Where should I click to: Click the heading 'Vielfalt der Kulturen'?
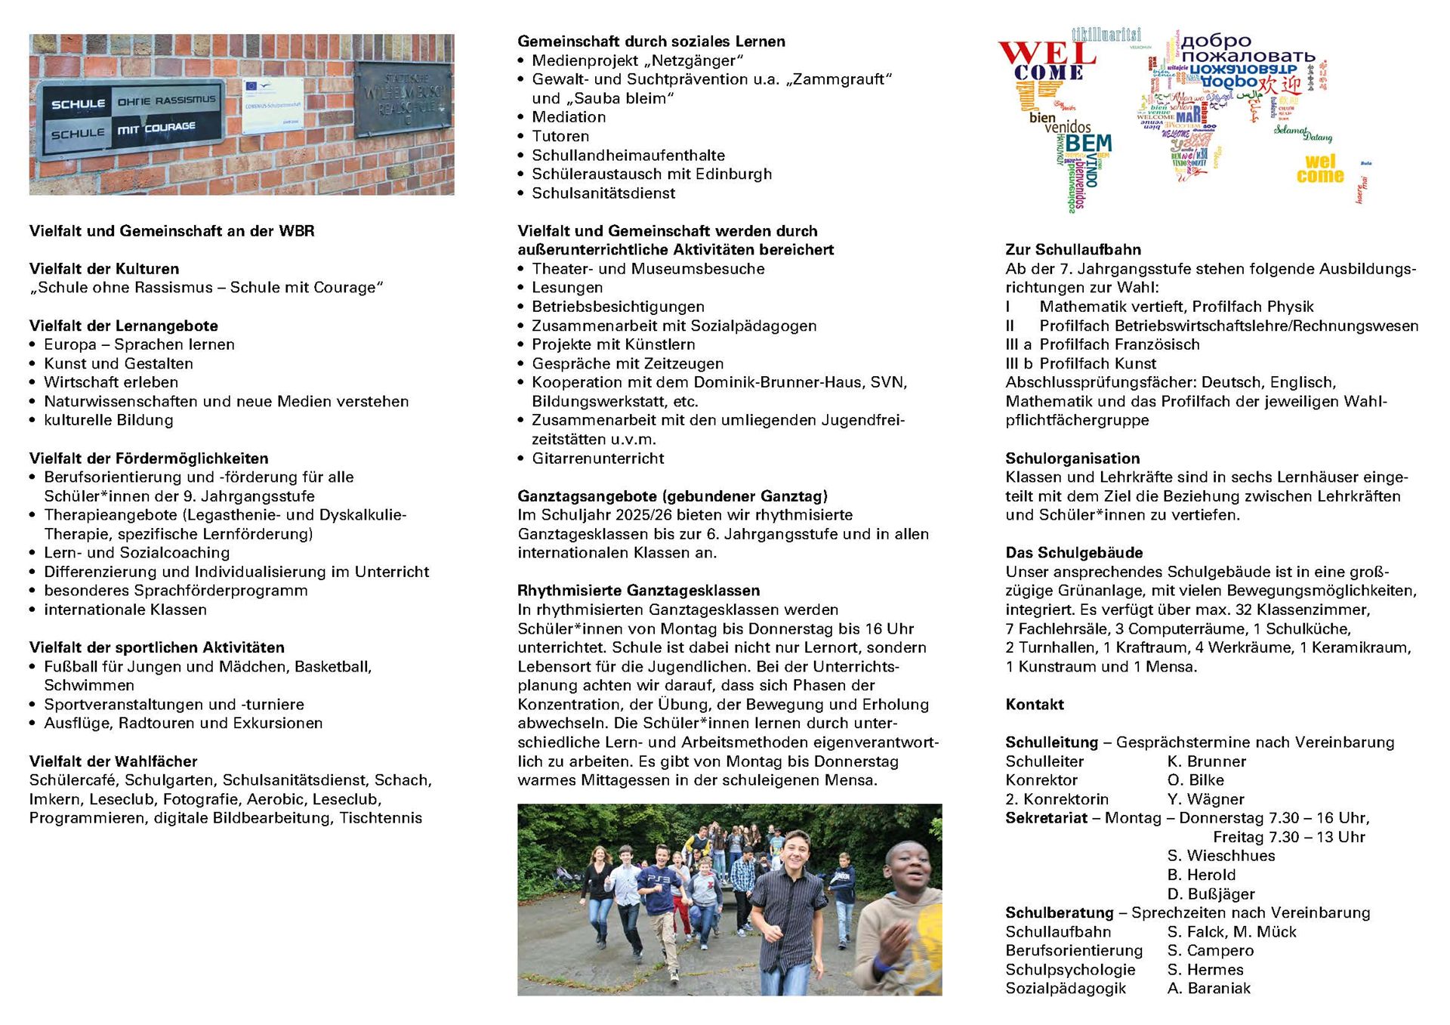(104, 269)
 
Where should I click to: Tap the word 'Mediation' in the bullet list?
(569, 117)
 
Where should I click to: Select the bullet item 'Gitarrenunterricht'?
(597, 458)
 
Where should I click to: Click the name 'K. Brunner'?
(1206, 761)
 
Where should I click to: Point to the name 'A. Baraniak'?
(1208, 989)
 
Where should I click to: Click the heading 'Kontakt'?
(1034, 705)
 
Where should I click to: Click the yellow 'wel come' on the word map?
(1320, 169)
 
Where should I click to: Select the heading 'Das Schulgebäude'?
(1074, 553)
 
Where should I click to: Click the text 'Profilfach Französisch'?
(1119, 344)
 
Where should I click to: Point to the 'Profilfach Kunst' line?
(1097, 363)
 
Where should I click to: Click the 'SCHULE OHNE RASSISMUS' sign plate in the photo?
(133, 118)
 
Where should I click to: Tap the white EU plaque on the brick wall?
(273, 106)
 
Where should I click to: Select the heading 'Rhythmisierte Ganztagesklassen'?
(638, 591)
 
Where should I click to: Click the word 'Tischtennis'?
(381, 818)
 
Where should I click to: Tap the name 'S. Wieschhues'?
(1220, 856)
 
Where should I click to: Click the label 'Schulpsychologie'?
(1070, 970)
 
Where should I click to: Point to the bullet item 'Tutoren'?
(560, 136)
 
